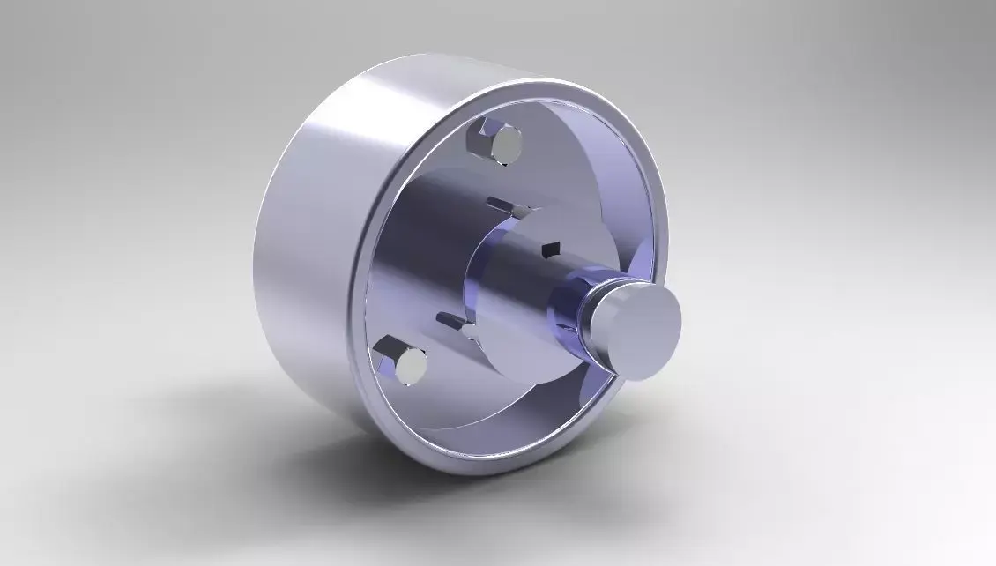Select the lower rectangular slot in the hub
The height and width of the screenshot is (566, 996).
tap(450, 317)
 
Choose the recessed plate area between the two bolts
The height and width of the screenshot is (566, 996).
tap(414, 256)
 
